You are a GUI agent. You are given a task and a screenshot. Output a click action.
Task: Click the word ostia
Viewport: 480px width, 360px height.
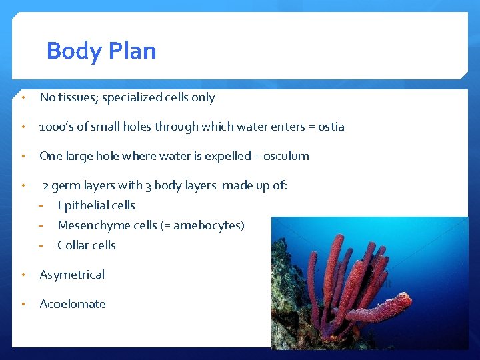(x=331, y=127)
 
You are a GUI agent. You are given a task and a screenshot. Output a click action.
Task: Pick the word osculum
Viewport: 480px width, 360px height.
(x=286, y=156)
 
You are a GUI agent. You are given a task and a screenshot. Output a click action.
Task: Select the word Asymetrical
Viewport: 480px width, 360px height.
(x=72, y=275)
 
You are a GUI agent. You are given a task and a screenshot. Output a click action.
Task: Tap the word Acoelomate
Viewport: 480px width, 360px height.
(x=73, y=304)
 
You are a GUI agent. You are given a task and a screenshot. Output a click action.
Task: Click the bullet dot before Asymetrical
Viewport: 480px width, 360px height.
(x=23, y=275)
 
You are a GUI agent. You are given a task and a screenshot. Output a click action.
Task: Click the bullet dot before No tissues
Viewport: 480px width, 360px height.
(x=23, y=98)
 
